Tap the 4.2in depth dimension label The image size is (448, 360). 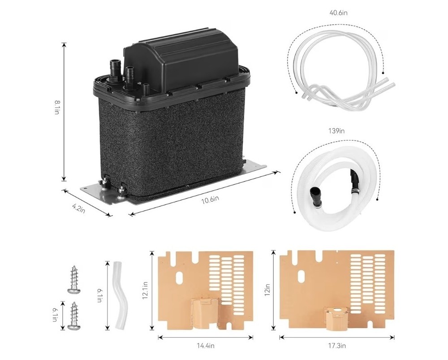coord(79,208)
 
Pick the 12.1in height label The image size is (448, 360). coord(145,291)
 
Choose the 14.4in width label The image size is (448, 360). coord(205,346)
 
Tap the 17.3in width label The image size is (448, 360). coord(336,346)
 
